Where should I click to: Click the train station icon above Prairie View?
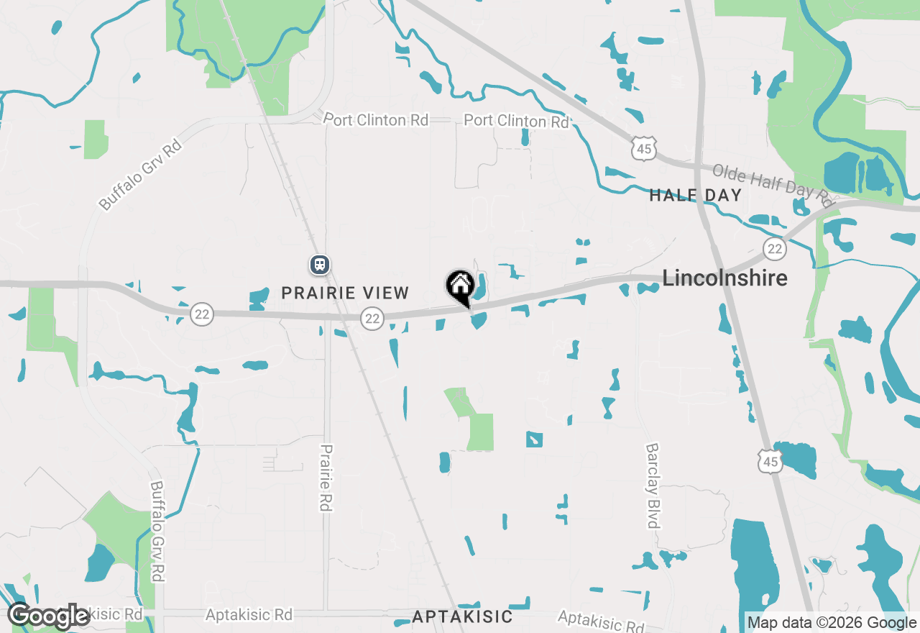(320, 265)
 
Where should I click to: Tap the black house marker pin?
(460, 286)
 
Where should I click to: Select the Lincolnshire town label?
(724, 278)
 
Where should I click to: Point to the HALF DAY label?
(695, 195)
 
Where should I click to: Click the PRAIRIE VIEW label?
(345, 293)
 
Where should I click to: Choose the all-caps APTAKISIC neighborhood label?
(463, 616)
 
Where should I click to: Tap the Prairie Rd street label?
(326, 477)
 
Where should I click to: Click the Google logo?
(48, 616)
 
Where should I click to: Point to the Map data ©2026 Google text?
(832, 623)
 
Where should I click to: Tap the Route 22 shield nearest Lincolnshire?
(774, 249)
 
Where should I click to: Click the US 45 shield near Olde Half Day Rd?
(643, 149)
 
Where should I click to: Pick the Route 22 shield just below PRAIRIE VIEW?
(372, 318)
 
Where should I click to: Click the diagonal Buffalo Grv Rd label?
(141, 175)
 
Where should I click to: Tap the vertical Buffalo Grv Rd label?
(157, 531)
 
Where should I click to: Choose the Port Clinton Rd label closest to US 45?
(516, 121)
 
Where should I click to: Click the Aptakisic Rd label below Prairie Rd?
(249, 615)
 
